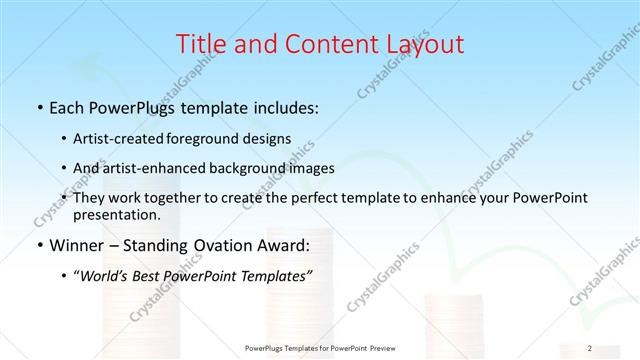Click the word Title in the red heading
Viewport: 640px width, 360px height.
200,44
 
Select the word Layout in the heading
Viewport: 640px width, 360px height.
425,44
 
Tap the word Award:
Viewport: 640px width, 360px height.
283,245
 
